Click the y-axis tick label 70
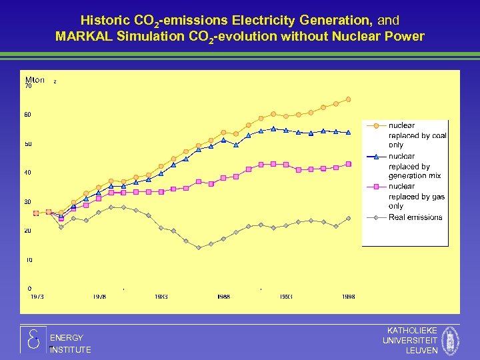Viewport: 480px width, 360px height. [29, 86]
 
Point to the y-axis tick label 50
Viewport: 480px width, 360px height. [29, 144]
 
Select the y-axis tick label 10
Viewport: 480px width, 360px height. [29, 260]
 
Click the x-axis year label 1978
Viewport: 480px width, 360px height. [99, 297]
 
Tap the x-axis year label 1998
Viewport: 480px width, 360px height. [348, 297]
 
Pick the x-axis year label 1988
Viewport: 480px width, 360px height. [223, 297]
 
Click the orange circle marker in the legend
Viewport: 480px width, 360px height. [377, 125]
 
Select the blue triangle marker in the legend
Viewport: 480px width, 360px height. [377, 157]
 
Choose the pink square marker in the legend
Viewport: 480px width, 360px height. [377, 187]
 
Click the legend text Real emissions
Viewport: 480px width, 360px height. [415, 217]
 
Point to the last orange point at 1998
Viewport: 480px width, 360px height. [348, 99]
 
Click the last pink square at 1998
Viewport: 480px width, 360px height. [348, 164]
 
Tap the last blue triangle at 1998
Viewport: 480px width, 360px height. [348, 132]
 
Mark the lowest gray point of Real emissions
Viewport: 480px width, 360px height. [199, 247]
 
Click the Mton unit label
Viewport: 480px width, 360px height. [35, 80]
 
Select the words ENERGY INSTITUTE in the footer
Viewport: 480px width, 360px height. [69, 343]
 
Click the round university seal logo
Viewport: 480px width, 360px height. [451, 341]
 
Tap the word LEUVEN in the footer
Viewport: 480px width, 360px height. [421, 351]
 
